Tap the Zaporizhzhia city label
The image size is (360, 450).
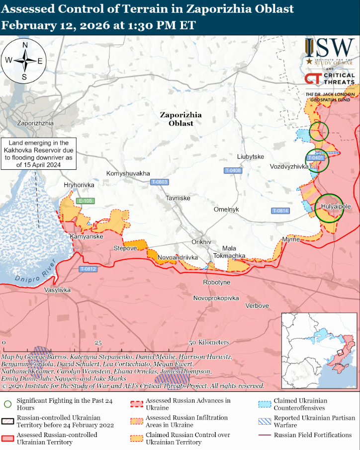coord(35,123)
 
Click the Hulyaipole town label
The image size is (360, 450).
coord(336,206)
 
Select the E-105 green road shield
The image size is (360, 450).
coord(86,201)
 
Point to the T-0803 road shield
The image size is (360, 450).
coord(159,182)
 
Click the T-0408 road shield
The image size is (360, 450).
coord(233,170)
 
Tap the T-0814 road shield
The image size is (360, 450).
coord(280,211)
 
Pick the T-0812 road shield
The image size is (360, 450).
coord(88,269)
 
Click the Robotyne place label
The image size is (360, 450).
coord(217,282)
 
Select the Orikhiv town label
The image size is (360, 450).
coord(201,242)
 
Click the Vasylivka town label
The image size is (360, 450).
coord(58,290)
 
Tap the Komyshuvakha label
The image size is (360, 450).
coord(128,173)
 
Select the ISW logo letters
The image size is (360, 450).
coord(330,48)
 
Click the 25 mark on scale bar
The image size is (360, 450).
coord(98,343)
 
